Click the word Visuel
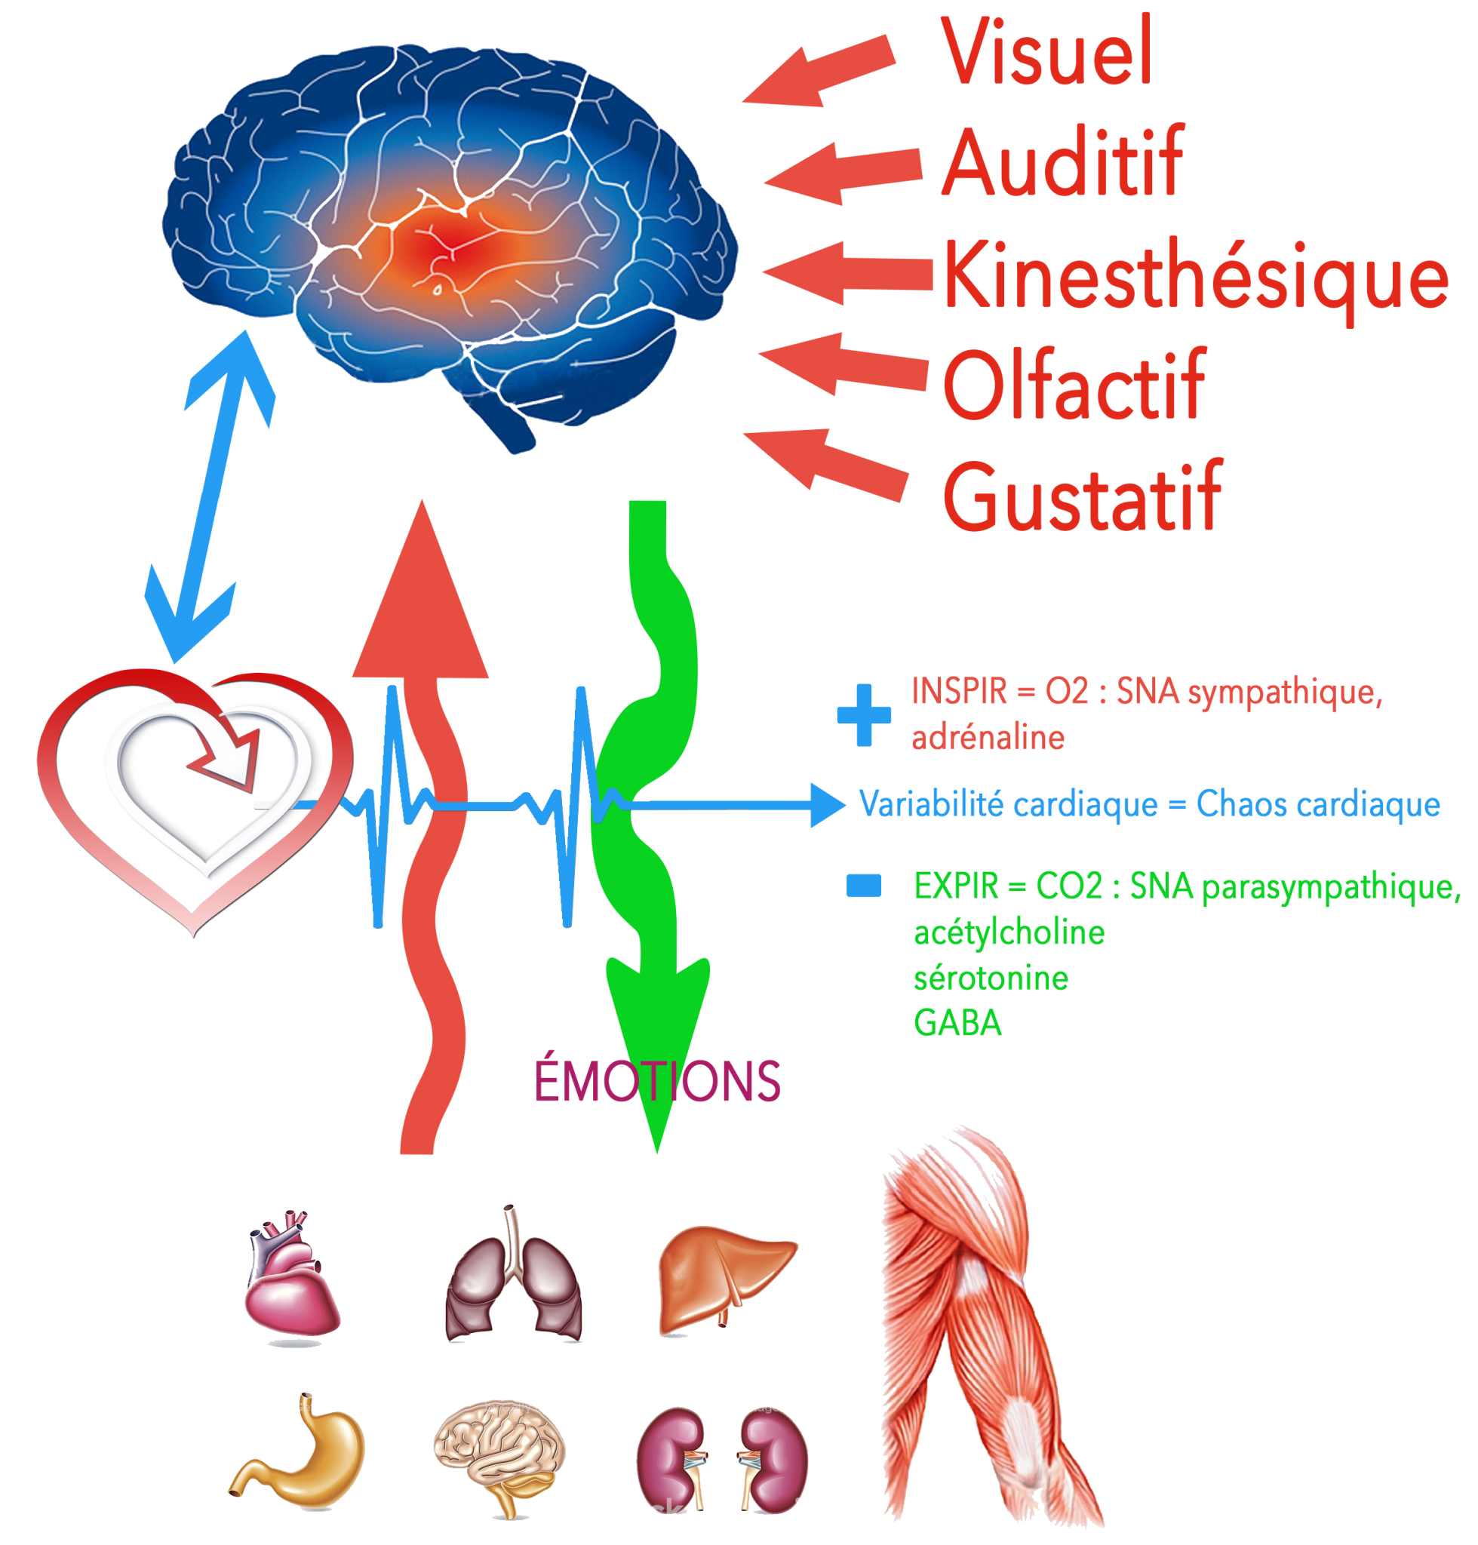(1046, 51)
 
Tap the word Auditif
(1062, 163)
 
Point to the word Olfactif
(1073, 386)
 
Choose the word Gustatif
(1081, 496)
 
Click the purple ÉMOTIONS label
(657, 1081)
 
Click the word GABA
(957, 1024)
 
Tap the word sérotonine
(991, 978)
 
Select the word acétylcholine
(1009, 933)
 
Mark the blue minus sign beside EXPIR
(862, 886)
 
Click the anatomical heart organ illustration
(290, 1277)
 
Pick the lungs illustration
(514, 1280)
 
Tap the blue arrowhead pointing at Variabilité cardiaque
(827, 805)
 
